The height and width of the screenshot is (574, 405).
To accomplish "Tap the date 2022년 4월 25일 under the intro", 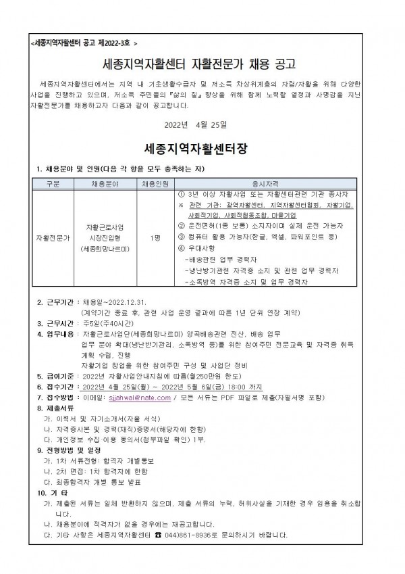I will click(202, 124).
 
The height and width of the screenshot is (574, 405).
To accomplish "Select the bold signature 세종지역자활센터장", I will click(202, 147).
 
